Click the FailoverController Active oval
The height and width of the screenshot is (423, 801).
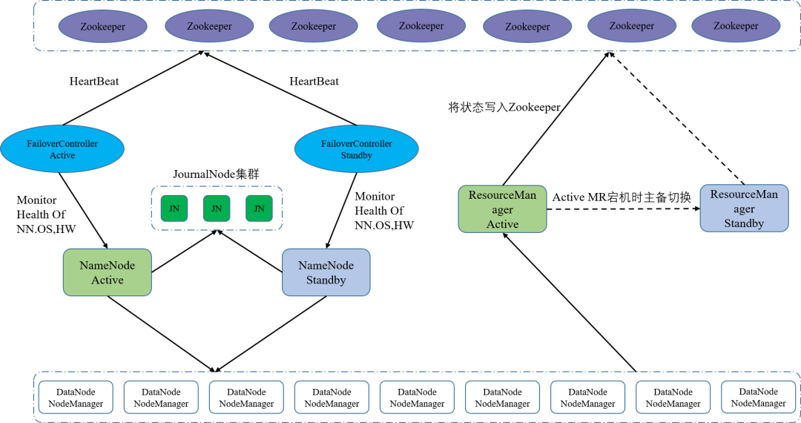pos(63,149)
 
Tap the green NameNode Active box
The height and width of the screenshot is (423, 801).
pos(108,272)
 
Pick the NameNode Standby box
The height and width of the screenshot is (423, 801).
pos(326,272)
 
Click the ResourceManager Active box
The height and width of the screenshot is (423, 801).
pos(502,209)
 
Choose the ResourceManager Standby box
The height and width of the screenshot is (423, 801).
pos(744,209)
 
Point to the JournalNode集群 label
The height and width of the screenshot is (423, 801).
pos(217,175)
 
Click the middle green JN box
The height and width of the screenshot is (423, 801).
pos(217,209)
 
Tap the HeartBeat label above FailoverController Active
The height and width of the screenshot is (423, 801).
pos(94,81)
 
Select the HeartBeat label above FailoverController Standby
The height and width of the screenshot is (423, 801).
pos(314,81)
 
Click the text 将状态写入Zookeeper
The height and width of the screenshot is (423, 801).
pos(504,107)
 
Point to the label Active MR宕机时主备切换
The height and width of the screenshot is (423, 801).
pos(622,197)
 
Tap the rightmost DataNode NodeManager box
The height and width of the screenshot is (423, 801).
pos(758,397)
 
